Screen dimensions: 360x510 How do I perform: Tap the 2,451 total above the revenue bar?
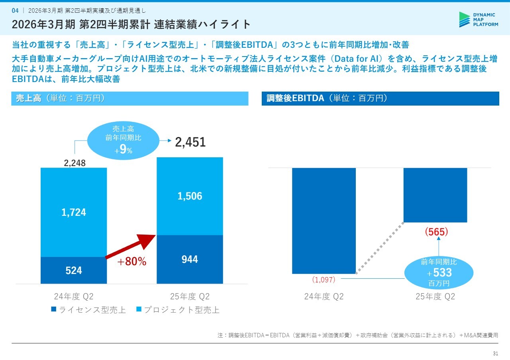point(190,142)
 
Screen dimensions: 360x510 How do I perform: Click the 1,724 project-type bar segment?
point(74,212)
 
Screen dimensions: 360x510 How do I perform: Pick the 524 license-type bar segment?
point(74,270)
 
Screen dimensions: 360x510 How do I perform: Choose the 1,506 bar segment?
point(190,196)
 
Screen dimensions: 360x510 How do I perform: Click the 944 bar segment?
point(190,259)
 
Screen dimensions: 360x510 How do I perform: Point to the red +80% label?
point(131,262)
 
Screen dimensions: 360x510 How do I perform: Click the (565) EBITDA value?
point(436,231)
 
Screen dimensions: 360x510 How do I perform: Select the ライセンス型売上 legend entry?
point(88,310)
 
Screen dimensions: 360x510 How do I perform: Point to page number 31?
point(496,354)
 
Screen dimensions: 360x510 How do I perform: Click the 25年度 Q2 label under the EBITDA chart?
point(435,297)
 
